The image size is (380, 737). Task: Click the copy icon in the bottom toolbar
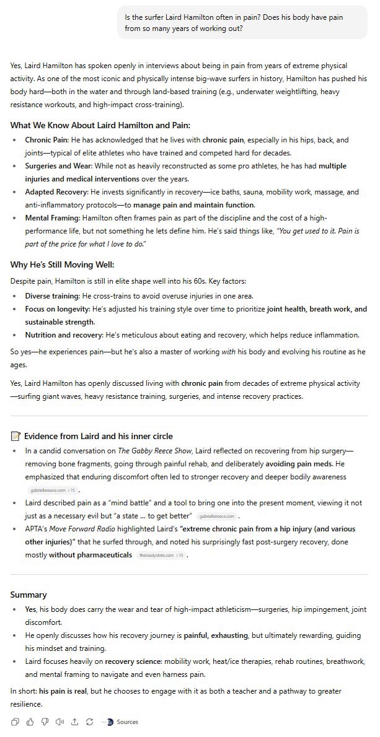(x=15, y=722)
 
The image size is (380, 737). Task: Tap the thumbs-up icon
(x=30, y=722)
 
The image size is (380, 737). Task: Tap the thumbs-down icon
(x=45, y=722)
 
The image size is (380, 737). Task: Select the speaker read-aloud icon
(x=60, y=722)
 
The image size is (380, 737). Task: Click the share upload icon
(x=74, y=722)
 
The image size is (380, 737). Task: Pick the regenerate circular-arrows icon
(x=89, y=722)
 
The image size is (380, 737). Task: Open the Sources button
(x=122, y=722)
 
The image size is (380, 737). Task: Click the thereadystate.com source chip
(x=161, y=555)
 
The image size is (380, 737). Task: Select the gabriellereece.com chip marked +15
(x=52, y=490)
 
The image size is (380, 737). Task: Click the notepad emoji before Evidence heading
(x=15, y=437)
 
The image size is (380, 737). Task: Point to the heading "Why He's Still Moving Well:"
(x=63, y=264)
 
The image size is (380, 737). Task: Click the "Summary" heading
(x=29, y=595)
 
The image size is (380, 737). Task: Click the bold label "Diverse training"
(x=52, y=296)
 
